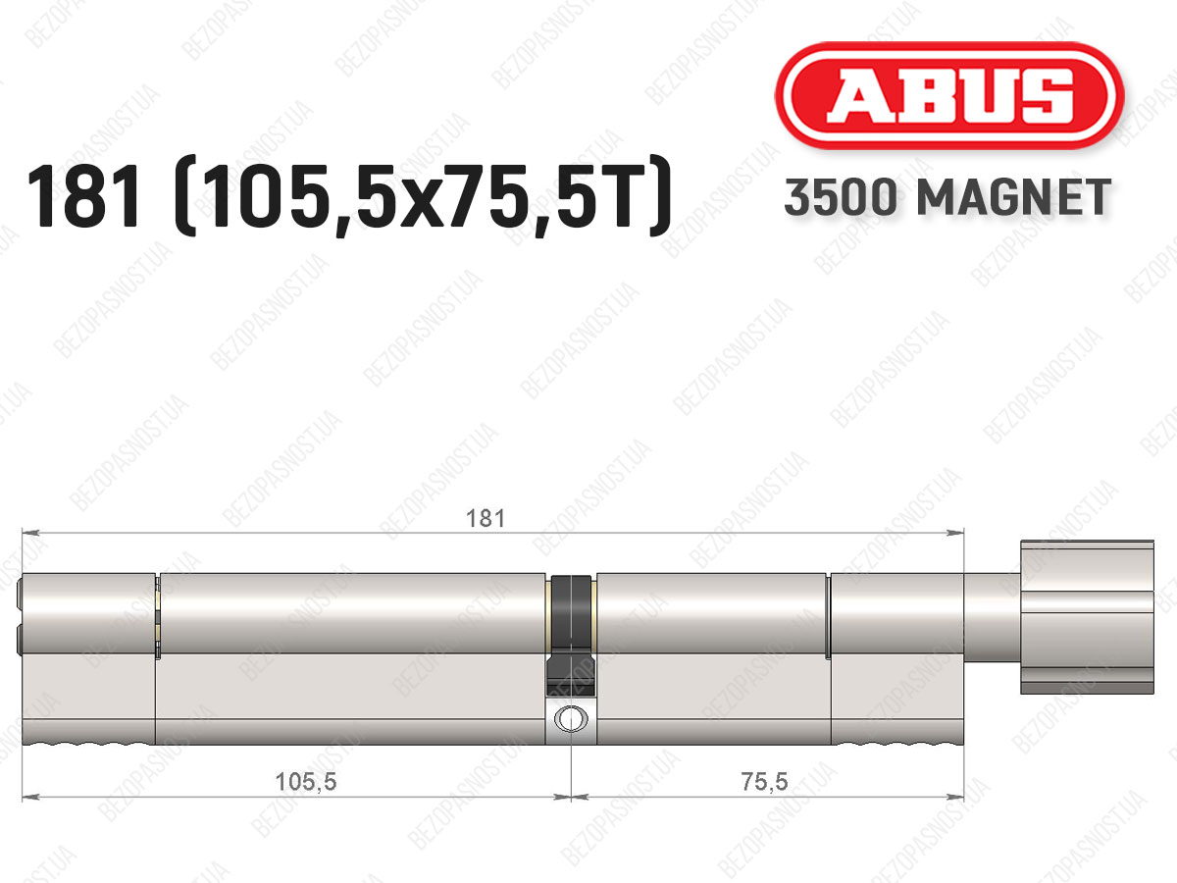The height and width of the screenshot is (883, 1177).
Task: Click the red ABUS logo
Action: point(949,95)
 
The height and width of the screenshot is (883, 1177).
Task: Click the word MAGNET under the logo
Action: point(1014,197)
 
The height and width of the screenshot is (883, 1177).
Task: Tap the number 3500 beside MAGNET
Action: point(840,197)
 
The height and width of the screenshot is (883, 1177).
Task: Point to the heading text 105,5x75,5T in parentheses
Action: point(423,196)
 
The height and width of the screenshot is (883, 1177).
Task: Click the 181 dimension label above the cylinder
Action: point(486,519)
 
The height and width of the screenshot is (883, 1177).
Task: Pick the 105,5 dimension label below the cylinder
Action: point(306,782)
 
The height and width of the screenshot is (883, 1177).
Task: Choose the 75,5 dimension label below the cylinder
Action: point(765,782)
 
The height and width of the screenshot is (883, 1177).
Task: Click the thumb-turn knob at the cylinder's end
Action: point(1087,617)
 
